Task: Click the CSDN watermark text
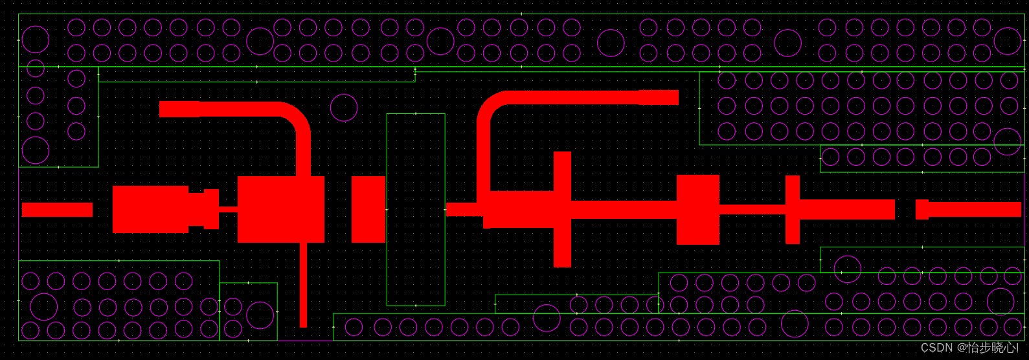[969, 348]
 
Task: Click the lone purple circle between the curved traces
[344, 107]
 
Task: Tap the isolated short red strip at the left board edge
[57, 210]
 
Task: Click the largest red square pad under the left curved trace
[281, 209]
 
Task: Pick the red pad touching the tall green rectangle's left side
[368, 209]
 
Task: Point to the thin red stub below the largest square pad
[303, 285]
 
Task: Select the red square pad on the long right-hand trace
[698, 209]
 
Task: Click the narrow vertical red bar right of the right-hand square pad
[793, 209]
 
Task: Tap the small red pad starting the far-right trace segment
[922, 209]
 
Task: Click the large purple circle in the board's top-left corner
[36, 39]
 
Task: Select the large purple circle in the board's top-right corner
[1008, 41]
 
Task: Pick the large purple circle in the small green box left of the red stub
[260, 315]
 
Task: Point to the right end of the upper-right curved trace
[667, 97]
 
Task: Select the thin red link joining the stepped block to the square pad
[228, 209]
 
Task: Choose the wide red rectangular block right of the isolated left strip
[150, 209]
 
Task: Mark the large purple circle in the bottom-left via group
[44, 307]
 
